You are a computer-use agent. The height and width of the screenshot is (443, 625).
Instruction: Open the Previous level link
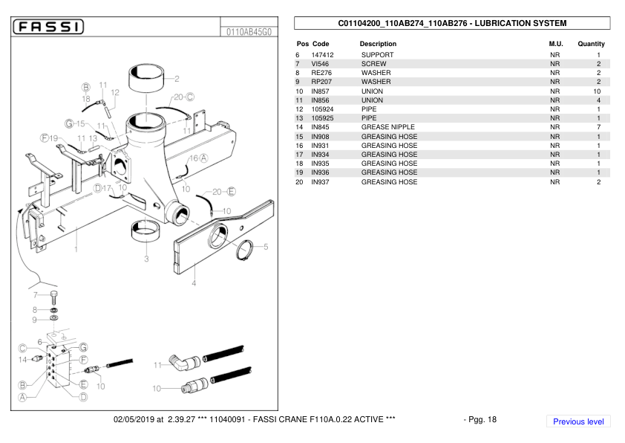[x=578, y=421]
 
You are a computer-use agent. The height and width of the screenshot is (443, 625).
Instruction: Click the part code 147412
[x=323, y=55]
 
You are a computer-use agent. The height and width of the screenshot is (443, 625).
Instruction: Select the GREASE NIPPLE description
[x=387, y=127]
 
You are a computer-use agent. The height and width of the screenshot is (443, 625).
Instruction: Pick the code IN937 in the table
[x=321, y=182]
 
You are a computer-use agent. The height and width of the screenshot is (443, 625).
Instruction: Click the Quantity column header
[x=591, y=44]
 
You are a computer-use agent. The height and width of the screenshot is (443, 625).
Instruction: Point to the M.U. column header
[x=555, y=44]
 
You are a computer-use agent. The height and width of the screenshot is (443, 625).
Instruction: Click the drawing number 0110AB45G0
[x=248, y=32]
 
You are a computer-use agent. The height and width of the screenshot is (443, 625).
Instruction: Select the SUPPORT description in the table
[x=378, y=55]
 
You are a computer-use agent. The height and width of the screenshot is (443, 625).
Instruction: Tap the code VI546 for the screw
[x=321, y=64]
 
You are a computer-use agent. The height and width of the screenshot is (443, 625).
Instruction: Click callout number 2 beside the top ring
[x=177, y=78]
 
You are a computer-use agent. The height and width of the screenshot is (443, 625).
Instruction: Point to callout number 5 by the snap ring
[x=266, y=246]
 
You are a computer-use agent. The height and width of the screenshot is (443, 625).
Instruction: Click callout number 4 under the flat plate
[x=194, y=282]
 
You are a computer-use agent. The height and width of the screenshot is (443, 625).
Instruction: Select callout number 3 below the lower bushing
[x=146, y=259]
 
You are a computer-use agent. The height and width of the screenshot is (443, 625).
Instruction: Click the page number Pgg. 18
[x=480, y=419]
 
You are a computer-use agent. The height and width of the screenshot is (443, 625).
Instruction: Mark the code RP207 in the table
[x=321, y=82]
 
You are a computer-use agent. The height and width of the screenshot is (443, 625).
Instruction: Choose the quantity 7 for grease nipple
[x=598, y=127]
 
